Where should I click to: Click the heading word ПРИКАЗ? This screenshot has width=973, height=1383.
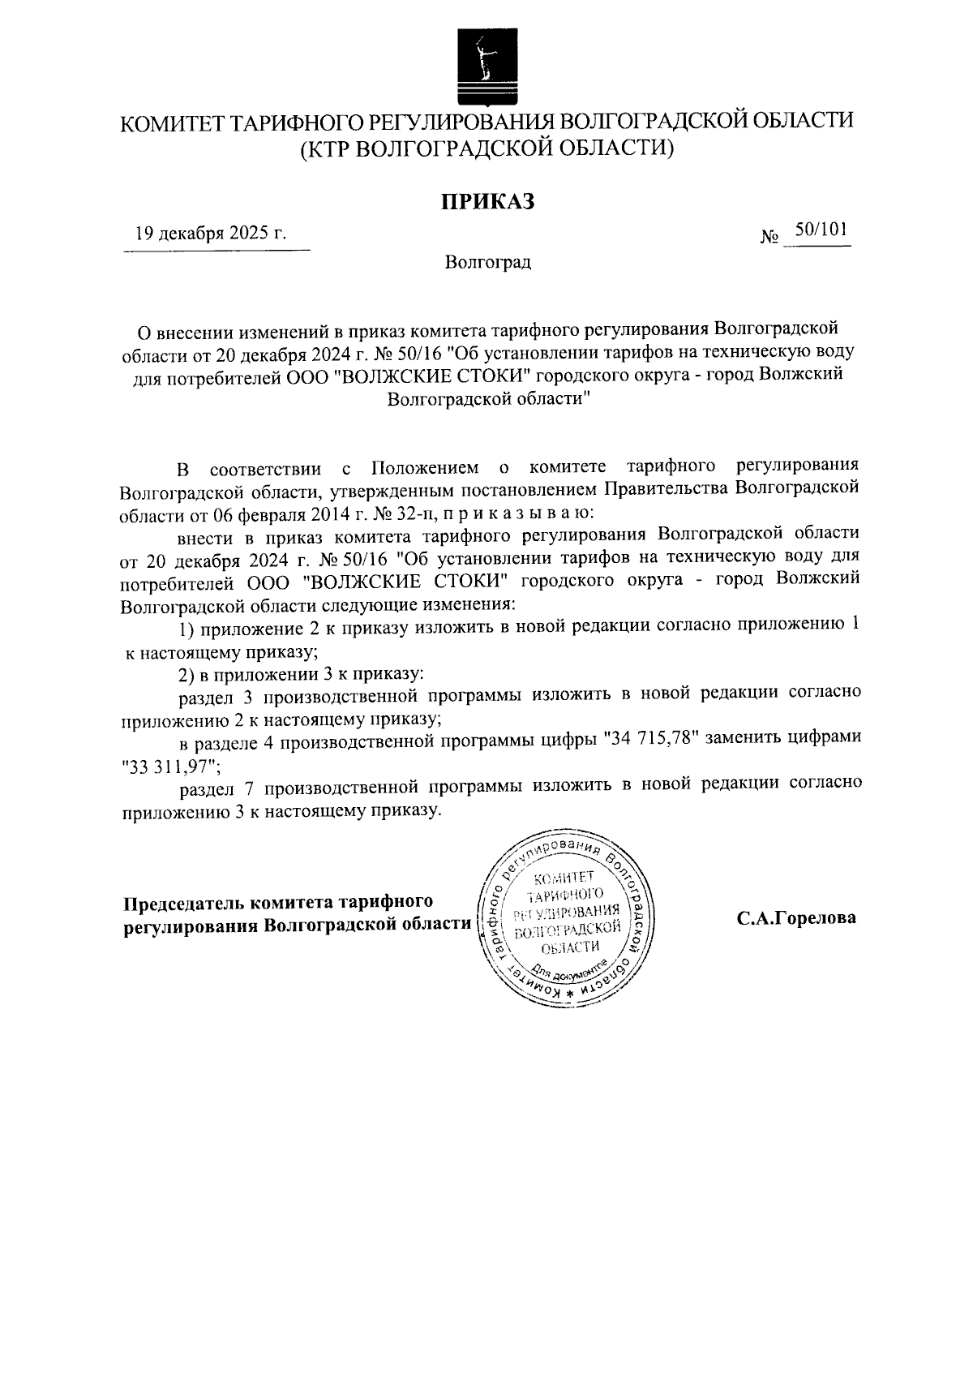click(487, 201)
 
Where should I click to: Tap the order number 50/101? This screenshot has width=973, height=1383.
click(821, 230)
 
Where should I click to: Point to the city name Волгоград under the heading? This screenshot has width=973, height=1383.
click(487, 262)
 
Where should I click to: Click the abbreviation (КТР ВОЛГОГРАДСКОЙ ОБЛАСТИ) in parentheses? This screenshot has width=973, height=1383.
click(487, 148)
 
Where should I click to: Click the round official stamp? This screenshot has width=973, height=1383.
click(568, 917)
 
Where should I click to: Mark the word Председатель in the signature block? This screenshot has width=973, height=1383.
click(183, 902)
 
